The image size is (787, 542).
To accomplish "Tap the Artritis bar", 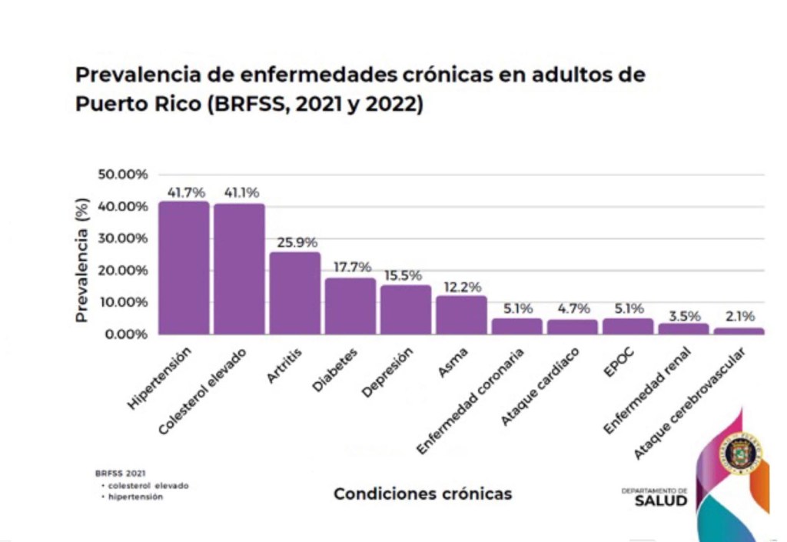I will [x=294, y=293].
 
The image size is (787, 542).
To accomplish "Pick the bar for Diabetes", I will [x=350, y=306].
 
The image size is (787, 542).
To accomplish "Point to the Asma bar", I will [x=461, y=314].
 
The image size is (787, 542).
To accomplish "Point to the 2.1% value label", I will [x=739, y=317].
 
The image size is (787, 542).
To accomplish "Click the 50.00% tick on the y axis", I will [x=122, y=175].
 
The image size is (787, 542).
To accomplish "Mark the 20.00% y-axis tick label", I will [x=122, y=271].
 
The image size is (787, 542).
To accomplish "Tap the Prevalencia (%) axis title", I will [x=83, y=260].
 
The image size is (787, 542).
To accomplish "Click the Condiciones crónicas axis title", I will [x=422, y=494].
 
